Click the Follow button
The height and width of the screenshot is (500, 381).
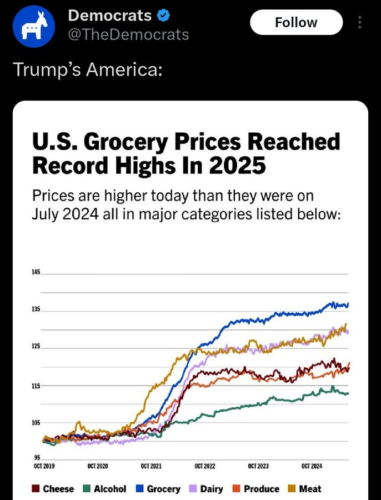pos(296,23)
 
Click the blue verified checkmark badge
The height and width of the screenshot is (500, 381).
pos(163,16)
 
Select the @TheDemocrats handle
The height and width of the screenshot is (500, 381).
pos(128,34)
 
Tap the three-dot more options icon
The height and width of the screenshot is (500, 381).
pos(360,23)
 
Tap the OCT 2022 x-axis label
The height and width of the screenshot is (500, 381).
pos(205,466)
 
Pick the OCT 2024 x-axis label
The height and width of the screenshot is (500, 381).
pos(312,466)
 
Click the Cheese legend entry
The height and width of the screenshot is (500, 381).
pos(53,489)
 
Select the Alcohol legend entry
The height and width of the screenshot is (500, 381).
pos(105,489)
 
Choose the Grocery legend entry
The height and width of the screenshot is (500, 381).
pos(158,489)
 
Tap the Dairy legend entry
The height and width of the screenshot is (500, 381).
pos(207,489)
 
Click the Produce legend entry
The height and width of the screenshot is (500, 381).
pos(256,489)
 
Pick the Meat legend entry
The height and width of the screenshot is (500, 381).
pos(305,489)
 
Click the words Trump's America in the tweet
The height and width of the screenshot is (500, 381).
pos(87,71)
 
